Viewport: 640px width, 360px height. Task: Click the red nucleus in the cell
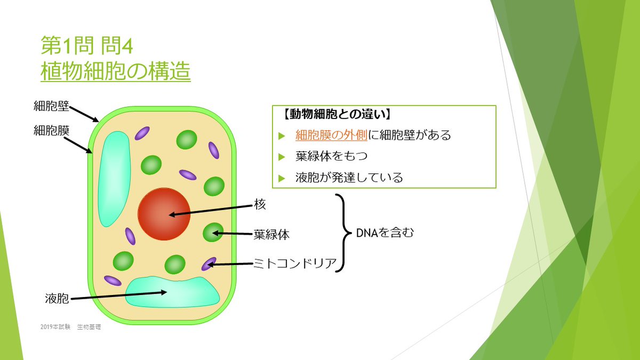coord(164,214)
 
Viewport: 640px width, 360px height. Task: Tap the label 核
coord(260,205)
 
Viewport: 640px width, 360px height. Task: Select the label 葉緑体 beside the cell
coord(271,234)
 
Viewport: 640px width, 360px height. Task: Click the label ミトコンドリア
coord(294,262)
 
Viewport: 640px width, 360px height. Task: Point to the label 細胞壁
coord(51,106)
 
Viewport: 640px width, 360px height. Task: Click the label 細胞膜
coord(51,130)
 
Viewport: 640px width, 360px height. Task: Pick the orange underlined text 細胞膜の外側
coord(331,135)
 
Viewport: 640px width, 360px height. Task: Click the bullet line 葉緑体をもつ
coord(331,156)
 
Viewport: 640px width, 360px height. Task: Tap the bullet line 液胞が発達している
coord(349,178)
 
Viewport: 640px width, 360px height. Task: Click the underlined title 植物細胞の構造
coord(115,71)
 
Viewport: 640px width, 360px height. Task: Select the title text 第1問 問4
coord(86,45)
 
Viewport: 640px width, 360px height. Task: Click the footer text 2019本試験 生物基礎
coord(70,327)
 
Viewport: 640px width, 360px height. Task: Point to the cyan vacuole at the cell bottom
coord(172,292)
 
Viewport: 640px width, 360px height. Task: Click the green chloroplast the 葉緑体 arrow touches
coord(213,233)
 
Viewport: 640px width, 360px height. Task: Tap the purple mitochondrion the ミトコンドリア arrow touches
coord(209,263)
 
